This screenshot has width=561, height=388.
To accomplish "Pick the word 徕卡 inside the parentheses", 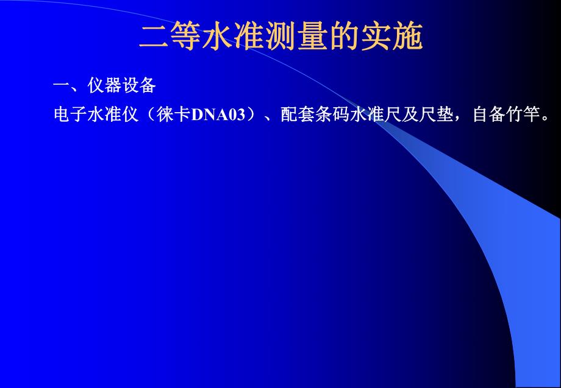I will [x=173, y=115].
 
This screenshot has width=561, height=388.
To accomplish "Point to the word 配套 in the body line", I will [x=298, y=115].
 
